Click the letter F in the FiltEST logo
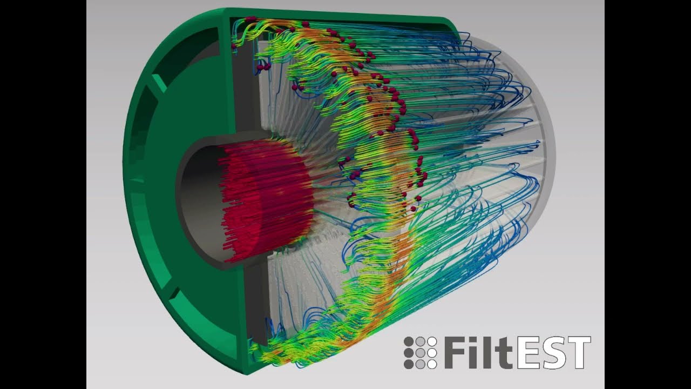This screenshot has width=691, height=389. [455, 353]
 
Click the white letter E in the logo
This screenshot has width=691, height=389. [529, 353]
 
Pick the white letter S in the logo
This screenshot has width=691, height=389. [553, 353]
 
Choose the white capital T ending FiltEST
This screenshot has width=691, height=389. [578, 353]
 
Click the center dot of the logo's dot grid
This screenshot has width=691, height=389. [420, 353]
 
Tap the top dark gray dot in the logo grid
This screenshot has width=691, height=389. [409, 341]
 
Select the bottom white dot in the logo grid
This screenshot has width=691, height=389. [431, 364]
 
